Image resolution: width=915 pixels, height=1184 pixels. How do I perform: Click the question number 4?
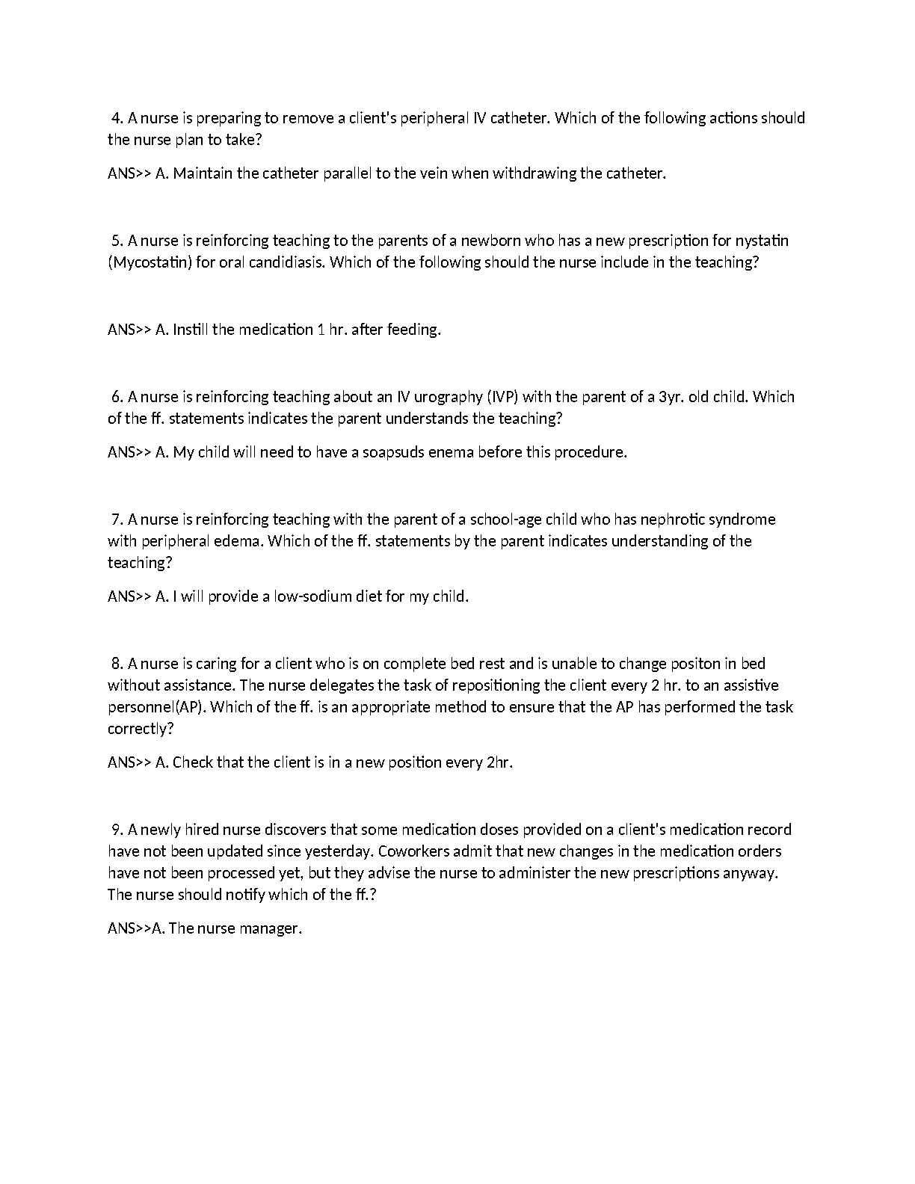coord(117,118)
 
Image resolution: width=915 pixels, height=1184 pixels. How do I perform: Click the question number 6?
coord(117,397)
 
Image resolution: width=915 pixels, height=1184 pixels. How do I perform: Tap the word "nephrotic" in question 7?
coord(668,519)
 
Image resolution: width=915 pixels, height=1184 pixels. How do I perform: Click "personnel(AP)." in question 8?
coord(156,707)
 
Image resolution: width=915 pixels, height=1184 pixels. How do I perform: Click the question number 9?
coord(117,830)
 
